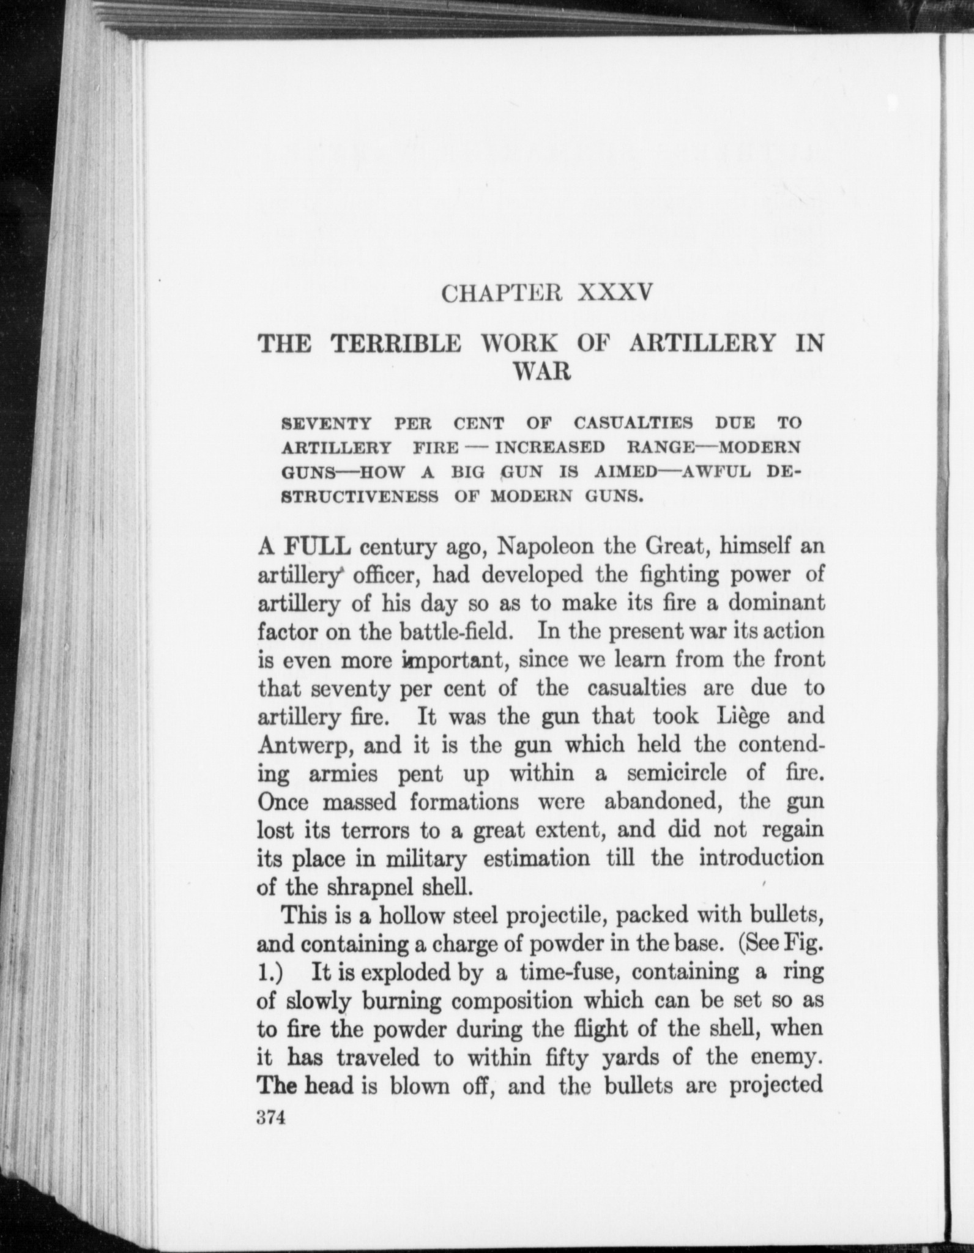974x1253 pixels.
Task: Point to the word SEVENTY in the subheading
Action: pyautogui.click(x=327, y=423)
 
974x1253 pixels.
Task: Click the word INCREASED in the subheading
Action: pyautogui.click(x=549, y=447)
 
